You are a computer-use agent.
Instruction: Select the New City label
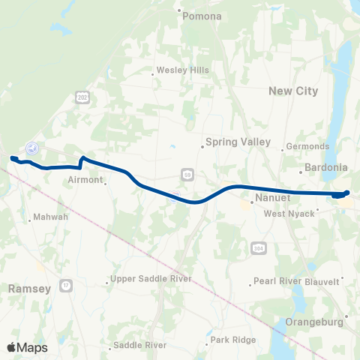293,91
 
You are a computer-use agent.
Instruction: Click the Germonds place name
308,146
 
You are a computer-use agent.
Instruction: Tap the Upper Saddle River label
150,279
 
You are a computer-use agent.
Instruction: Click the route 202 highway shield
81,97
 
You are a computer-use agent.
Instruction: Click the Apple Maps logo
27,347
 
